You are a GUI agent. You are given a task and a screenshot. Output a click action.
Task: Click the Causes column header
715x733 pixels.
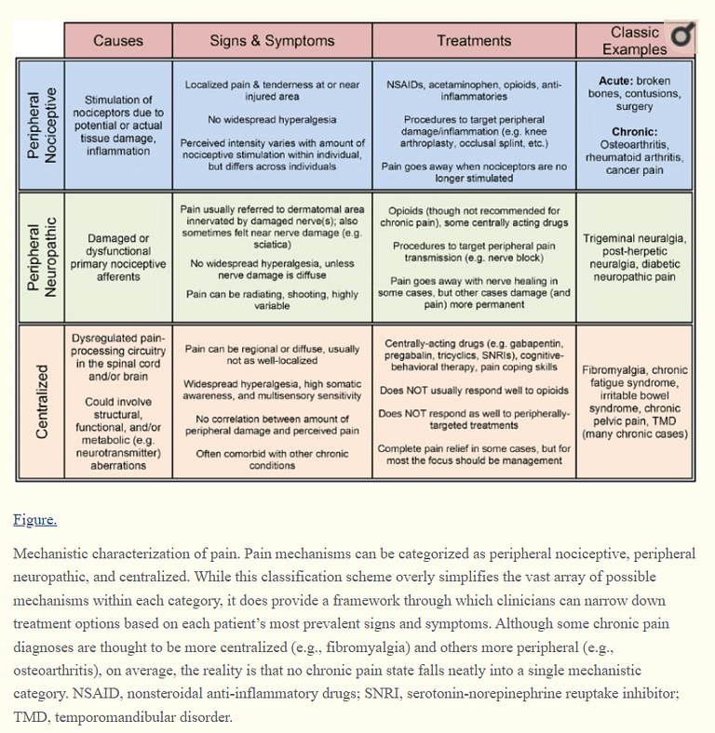[118, 41]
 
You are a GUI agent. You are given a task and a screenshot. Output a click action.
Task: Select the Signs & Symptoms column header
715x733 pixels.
[272, 41]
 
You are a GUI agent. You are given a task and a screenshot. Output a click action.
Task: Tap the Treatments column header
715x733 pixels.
[474, 41]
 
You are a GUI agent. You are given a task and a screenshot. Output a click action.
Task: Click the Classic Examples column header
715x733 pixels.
[635, 41]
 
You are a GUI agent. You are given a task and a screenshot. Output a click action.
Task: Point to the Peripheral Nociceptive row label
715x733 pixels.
[41, 126]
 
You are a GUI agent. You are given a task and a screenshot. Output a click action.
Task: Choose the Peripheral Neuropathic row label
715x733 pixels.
[41, 257]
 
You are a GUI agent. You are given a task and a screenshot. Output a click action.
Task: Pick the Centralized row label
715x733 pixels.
[42, 402]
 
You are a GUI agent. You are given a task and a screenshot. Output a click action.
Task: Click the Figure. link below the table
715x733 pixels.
[35, 520]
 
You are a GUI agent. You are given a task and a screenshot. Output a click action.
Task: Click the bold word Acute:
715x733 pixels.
[615, 81]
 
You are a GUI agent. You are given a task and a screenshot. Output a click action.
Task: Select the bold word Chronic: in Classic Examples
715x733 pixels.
[635, 132]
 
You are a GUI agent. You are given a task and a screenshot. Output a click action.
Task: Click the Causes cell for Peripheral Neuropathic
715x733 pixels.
[118, 258]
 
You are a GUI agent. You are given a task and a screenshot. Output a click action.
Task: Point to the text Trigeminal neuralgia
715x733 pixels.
[635, 239]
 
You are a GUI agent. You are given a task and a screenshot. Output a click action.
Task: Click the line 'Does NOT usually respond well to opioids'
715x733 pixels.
[474, 391]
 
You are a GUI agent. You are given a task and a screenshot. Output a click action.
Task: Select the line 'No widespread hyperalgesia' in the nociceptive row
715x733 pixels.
[272, 120]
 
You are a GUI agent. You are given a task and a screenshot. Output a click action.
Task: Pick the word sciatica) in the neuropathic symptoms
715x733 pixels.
[272, 245]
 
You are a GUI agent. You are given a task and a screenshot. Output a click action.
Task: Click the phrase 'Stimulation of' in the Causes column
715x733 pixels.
[118, 100]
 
